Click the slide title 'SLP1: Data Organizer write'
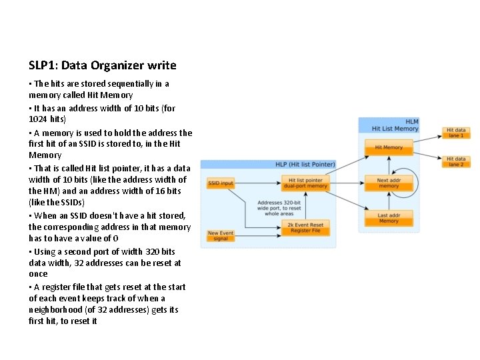[103, 65]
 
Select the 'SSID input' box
[221, 183]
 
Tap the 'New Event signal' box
[221, 236]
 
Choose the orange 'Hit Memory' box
[388, 147]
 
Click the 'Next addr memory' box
[388, 183]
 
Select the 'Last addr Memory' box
[388, 218]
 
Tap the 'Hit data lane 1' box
[457, 133]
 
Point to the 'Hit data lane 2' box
[457, 162]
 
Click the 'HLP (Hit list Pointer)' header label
[305, 165]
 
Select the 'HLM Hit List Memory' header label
[395, 125]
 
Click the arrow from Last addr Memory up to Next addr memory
[388, 201]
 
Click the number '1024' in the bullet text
[39, 119]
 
